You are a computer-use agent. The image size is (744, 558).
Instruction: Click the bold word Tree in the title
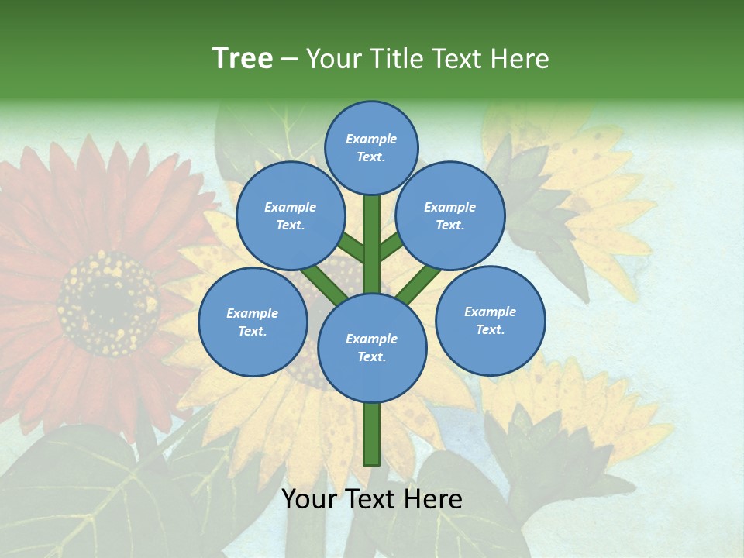pos(243,59)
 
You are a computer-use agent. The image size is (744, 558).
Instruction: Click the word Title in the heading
pos(394,59)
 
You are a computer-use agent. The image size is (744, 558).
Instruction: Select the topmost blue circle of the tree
pos(371,147)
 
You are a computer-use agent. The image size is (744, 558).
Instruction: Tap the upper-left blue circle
pos(290,215)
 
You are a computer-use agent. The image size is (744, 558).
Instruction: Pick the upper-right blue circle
pos(449,215)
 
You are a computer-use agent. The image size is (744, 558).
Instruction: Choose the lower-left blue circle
pos(252,322)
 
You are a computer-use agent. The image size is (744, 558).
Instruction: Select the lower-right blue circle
pos(490,320)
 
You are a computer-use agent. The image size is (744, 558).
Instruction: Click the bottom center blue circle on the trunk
pos(371,347)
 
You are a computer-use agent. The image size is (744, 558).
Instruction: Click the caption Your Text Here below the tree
pos(371,498)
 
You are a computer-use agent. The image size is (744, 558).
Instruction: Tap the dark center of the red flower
pos(105,302)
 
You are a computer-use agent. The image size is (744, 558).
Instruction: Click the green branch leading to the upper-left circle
pos(351,249)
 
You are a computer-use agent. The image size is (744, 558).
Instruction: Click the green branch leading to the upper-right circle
pos(391,248)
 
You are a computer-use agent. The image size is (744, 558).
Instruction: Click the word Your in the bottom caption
pos(309,498)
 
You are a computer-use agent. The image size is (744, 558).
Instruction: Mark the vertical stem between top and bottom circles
pos(371,244)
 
